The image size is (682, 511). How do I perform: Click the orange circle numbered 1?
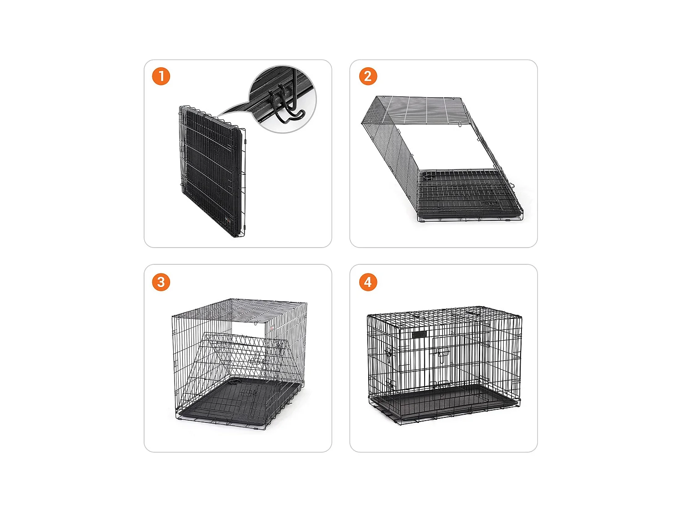pyautogui.click(x=161, y=76)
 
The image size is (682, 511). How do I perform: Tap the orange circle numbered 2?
pyautogui.click(x=368, y=76)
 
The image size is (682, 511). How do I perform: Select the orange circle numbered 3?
pyautogui.click(x=161, y=282)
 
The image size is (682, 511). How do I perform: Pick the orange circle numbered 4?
pyautogui.click(x=368, y=282)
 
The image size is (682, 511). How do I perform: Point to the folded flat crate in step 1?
pyautogui.click(x=212, y=171)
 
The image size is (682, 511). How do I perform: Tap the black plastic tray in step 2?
pyautogui.click(x=469, y=194)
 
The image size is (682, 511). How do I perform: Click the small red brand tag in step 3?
pyautogui.click(x=272, y=328)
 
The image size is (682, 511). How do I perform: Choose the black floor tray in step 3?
pyautogui.click(x=239, y=402)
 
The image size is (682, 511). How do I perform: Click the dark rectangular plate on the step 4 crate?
pyautogui.click(x=419, y=335)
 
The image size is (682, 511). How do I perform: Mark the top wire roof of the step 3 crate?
pyautogui.click(x=239, y=310)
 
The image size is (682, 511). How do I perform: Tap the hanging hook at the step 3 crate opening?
pyautogui.click(x=256, y=324)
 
